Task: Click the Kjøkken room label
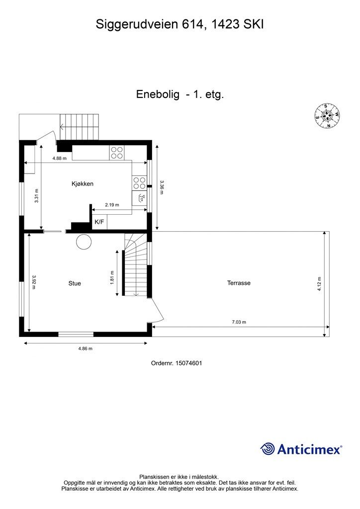pos(82,184)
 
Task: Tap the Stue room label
pos(75,283)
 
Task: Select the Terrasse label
pos(239,283)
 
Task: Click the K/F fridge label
pos(99,222)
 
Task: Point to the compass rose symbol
pos(327,116)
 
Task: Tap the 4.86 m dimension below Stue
pos(86,348)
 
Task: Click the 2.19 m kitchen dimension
pos(112,204)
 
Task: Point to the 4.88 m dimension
pos(60,159)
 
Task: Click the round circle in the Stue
pos(84,242)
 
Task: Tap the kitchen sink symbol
pos(141,198)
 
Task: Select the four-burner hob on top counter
pos(117,153)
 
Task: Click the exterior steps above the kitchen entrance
pos(80,127)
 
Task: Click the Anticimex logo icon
pos(268,449)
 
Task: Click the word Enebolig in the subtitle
pos(158,94)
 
